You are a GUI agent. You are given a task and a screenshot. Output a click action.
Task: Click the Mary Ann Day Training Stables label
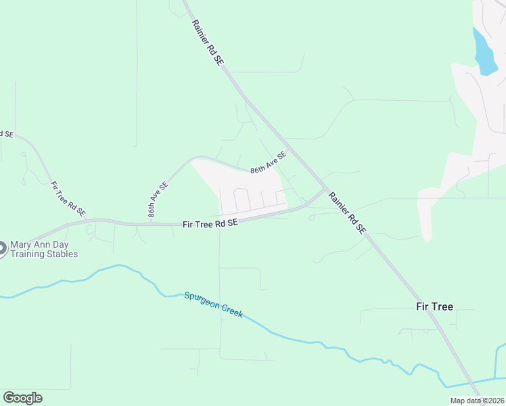(44, 249)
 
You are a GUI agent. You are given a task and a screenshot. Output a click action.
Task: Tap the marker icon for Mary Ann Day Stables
(1, 249)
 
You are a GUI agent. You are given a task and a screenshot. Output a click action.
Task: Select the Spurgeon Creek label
(213, 305)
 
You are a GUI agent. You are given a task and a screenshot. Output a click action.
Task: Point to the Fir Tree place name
(434, 307)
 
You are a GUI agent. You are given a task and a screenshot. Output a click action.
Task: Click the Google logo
(22, 397)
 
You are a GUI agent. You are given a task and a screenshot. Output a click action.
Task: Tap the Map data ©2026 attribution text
(477, 401)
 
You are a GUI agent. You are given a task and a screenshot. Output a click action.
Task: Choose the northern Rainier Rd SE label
(207, 42)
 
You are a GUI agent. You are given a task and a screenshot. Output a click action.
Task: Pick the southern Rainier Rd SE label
(348, 212)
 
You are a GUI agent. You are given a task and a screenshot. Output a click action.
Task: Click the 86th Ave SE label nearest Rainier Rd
(269, 162)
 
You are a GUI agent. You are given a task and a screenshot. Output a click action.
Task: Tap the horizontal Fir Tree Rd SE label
(210, 223)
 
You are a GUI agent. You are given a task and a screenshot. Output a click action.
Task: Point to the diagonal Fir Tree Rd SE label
(68, 198)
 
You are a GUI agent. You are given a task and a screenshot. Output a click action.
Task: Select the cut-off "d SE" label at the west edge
(6, 134)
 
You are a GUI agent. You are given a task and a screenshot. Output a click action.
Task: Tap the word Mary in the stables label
(20, 244)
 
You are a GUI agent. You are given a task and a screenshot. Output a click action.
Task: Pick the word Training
(26, 254)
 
